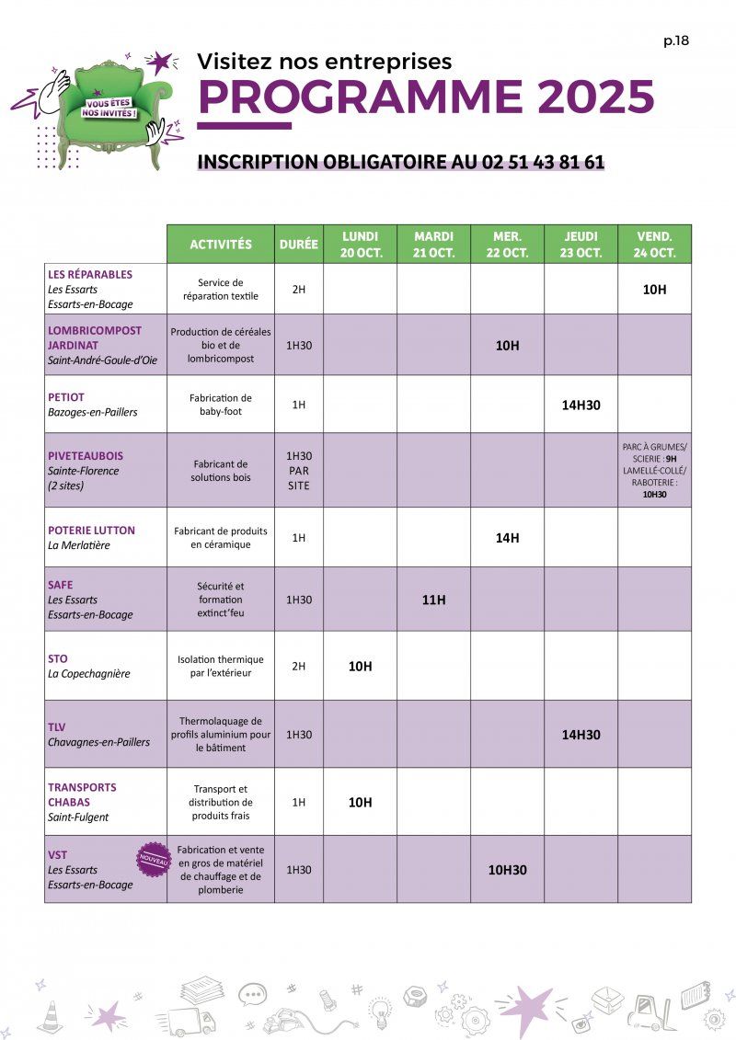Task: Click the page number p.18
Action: click(x=675, y=40)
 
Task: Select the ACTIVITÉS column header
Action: click(x=221, y=245)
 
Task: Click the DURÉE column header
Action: click(x=298, y=245)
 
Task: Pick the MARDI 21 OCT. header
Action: click(x=433, y=245)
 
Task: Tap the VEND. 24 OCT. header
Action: click(x=654, y=245)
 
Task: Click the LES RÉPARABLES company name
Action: click(x=90, y=274)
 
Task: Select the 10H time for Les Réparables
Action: click(x=654, y=290)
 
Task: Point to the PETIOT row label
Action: click(x=65, y=397)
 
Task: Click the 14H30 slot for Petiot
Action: click(x=581, y=404)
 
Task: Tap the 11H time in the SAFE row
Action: click(x=433, y=600)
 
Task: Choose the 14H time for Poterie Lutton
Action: click(x=507, y=538)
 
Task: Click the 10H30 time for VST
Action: click(x=507, y=869)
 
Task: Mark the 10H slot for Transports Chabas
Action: click(x=360, y=802)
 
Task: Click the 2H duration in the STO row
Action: click(x=298, y=666)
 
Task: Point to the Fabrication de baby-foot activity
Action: click(x=221, y=405)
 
